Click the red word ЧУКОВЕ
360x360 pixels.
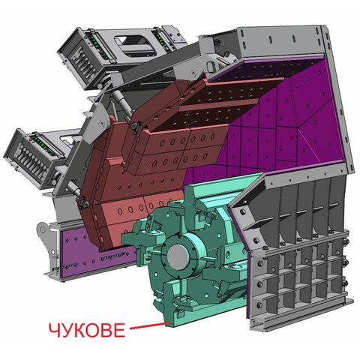click(87, 330)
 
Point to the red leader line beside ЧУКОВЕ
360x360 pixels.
click(149, 325)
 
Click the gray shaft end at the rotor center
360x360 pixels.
click(178, 257)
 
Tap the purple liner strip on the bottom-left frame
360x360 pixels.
click(97, 253)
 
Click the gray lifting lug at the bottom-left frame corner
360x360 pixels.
click(46, 232)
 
